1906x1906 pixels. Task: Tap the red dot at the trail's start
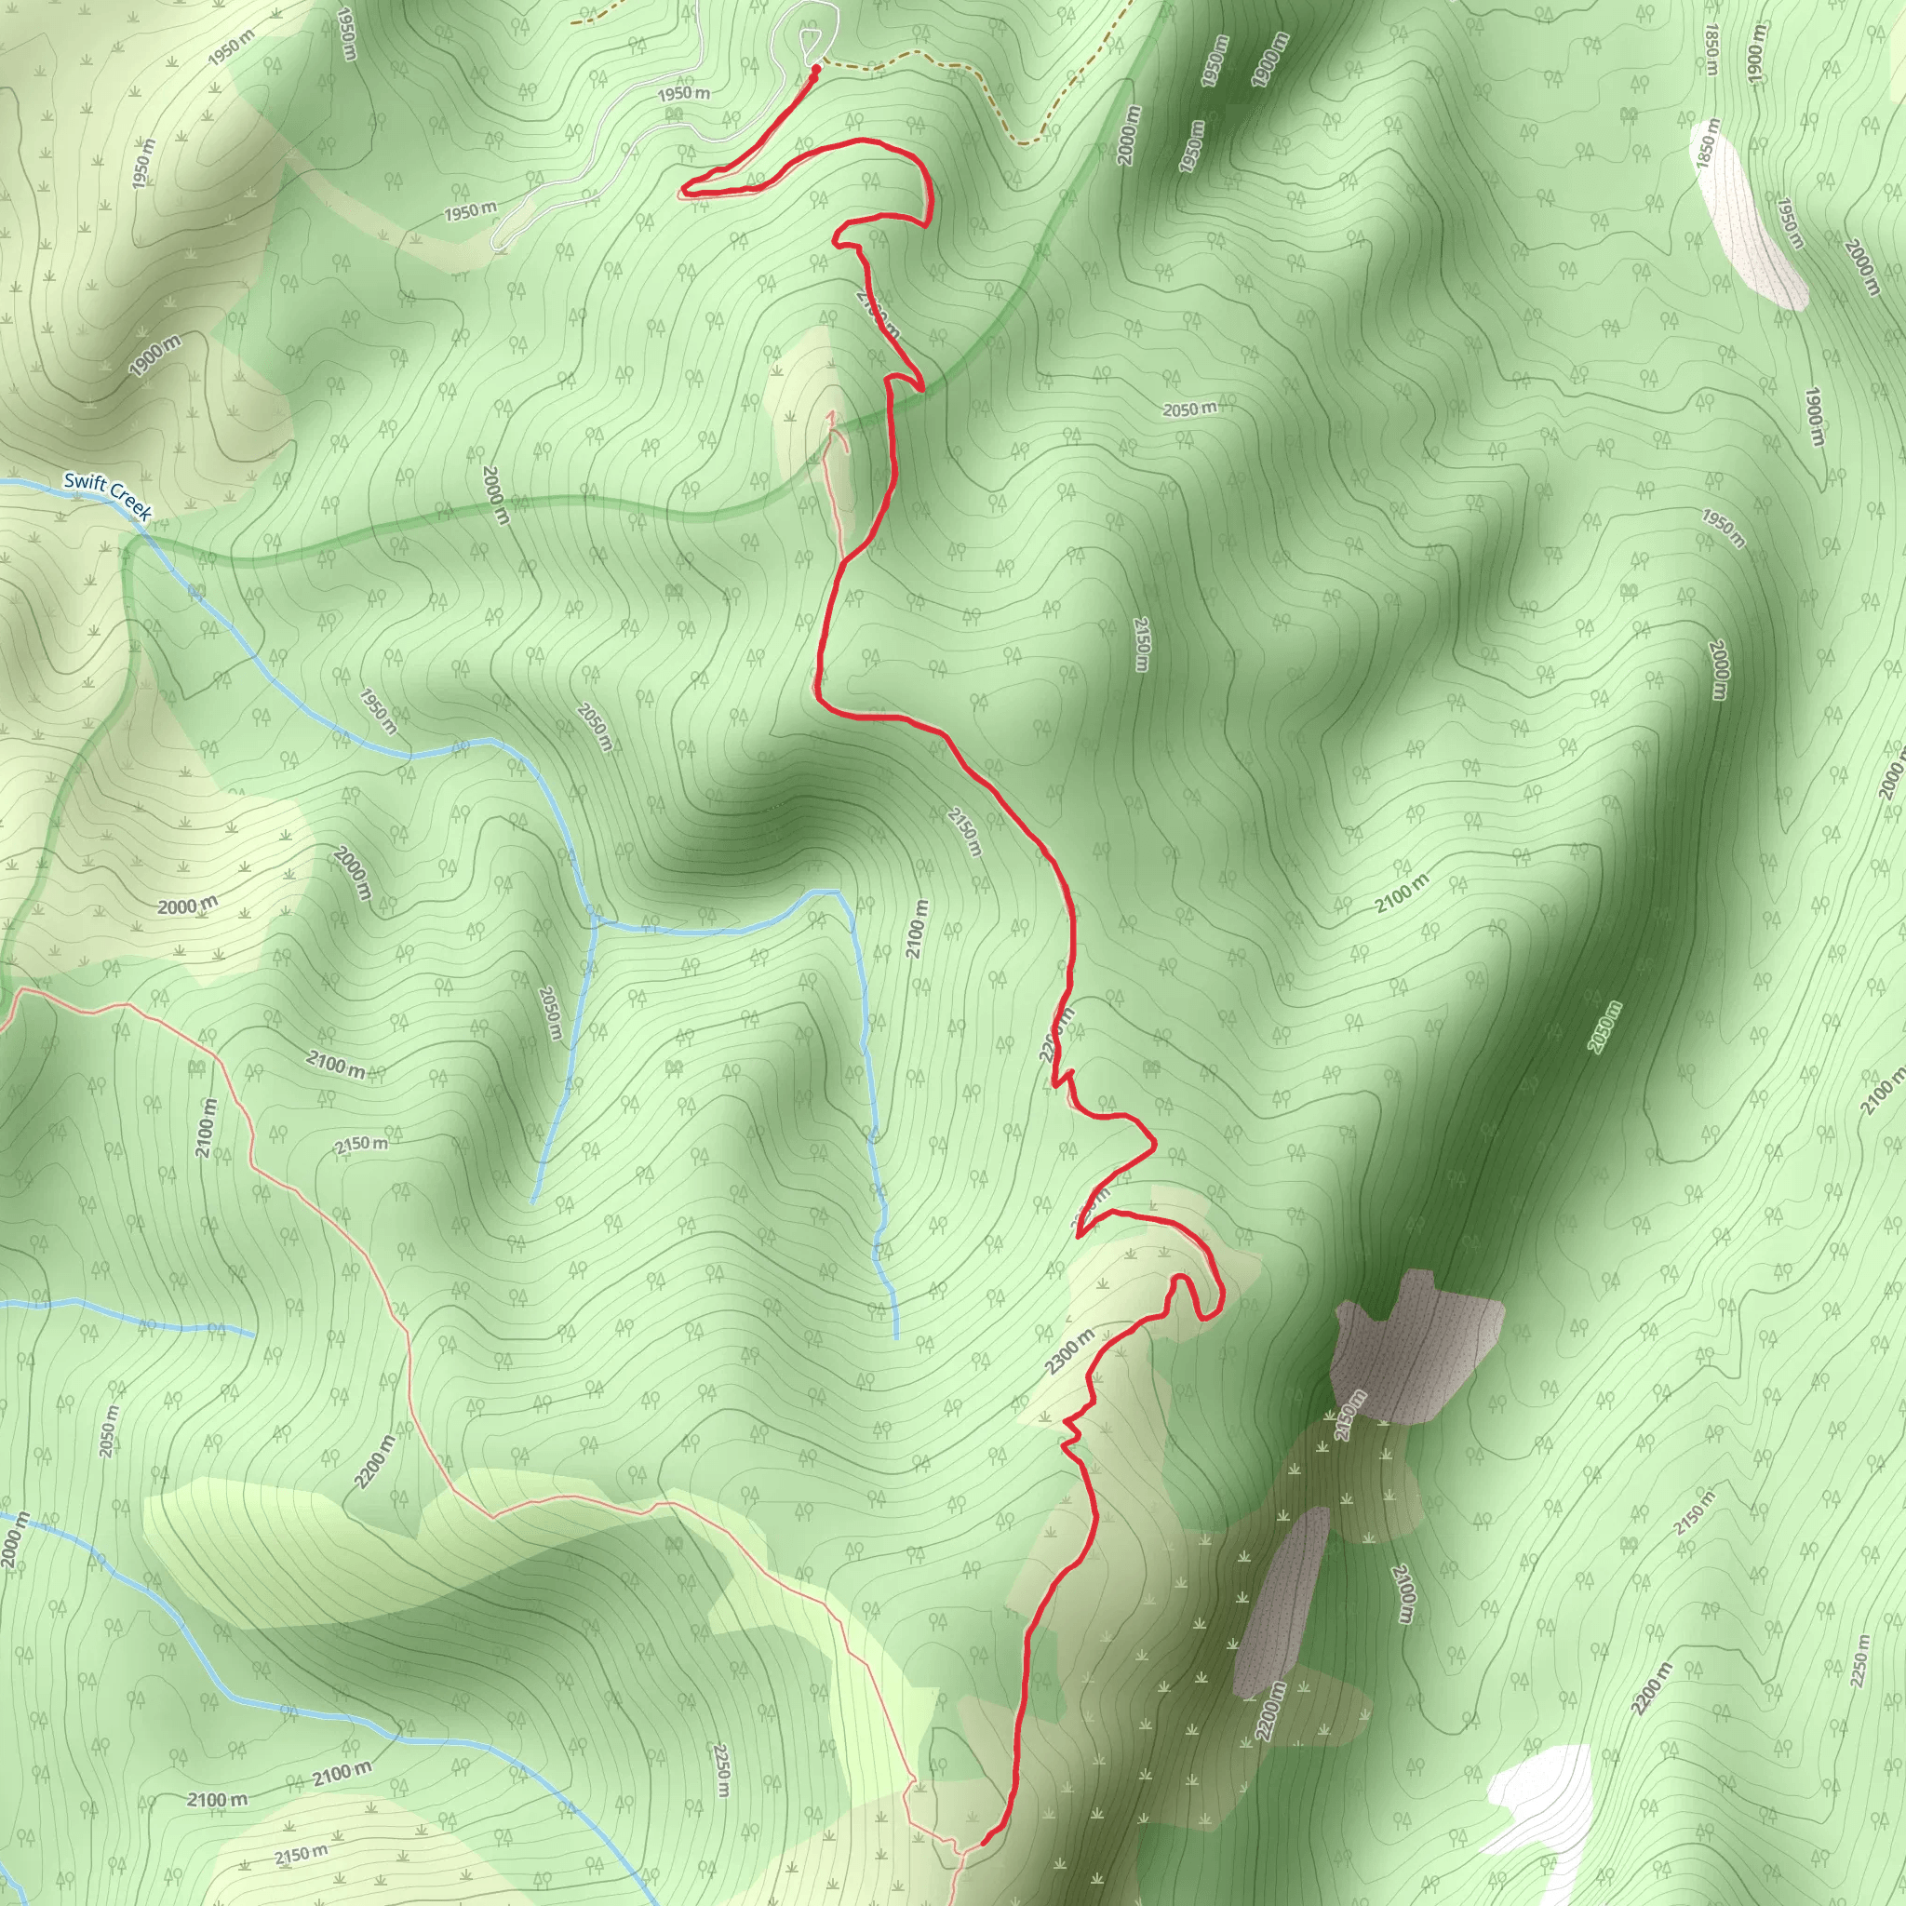click(816, 70)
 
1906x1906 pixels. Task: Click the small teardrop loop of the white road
click(810, 42)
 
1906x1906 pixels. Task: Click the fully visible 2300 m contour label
click(1069, 1351)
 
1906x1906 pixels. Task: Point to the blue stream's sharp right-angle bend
click(839, 893)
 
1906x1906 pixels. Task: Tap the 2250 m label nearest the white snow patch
click(1860, 1660)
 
